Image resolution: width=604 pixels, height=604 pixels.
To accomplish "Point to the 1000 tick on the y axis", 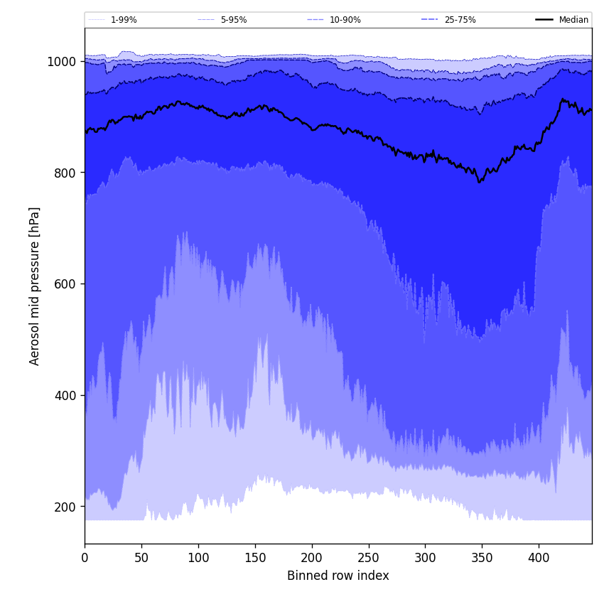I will (62, 62).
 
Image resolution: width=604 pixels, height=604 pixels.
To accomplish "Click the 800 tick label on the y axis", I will (65, 173).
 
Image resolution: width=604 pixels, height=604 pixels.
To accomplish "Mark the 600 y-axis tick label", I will (65, 284).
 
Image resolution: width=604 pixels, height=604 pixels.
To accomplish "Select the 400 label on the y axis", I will (65, 395).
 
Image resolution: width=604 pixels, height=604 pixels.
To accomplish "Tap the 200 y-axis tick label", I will (65, 507).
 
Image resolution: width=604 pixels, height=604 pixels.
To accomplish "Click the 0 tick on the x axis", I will (85, 558).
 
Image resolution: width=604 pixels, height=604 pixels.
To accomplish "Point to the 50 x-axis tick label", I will (141, 558).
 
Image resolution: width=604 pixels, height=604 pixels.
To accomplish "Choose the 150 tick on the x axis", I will (255, 558).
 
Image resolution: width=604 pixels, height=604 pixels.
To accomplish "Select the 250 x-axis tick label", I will (368, 558).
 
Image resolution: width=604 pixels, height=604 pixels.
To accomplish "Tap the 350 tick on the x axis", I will (482, 558).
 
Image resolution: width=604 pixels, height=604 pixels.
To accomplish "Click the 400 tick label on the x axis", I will (539, 558).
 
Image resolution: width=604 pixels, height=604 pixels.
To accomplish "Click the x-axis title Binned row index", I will (338, 576).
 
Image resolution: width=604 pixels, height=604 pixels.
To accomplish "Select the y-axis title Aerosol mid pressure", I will (35, 286).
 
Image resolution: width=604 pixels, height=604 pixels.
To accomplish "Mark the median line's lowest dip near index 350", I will (480, 182).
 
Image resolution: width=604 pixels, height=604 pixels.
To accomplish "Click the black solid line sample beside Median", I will (545, 20).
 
